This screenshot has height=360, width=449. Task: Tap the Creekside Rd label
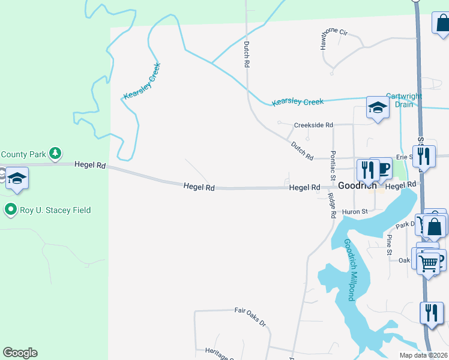(x=313, y=125)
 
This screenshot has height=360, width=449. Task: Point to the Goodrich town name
(x=357, y=186)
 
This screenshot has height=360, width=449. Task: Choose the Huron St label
(x=355, y=211)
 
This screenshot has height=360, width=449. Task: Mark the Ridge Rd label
(x=331, y=205)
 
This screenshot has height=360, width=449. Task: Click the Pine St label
(x=389, y=245)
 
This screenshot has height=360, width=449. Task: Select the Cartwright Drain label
(x=403, y=100)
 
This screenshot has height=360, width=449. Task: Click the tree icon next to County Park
(x=55, y=154)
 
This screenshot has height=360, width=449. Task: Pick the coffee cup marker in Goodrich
(x=381, y=169)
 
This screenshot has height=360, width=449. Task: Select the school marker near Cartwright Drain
(x=378, y=108)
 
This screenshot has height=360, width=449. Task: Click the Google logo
(x=20, y=353)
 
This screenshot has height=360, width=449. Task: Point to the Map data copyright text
(x=423, y=355)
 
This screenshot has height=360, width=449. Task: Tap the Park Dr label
(x=404, y=225)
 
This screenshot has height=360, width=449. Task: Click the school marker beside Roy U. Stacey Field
(x=17, y=179)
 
